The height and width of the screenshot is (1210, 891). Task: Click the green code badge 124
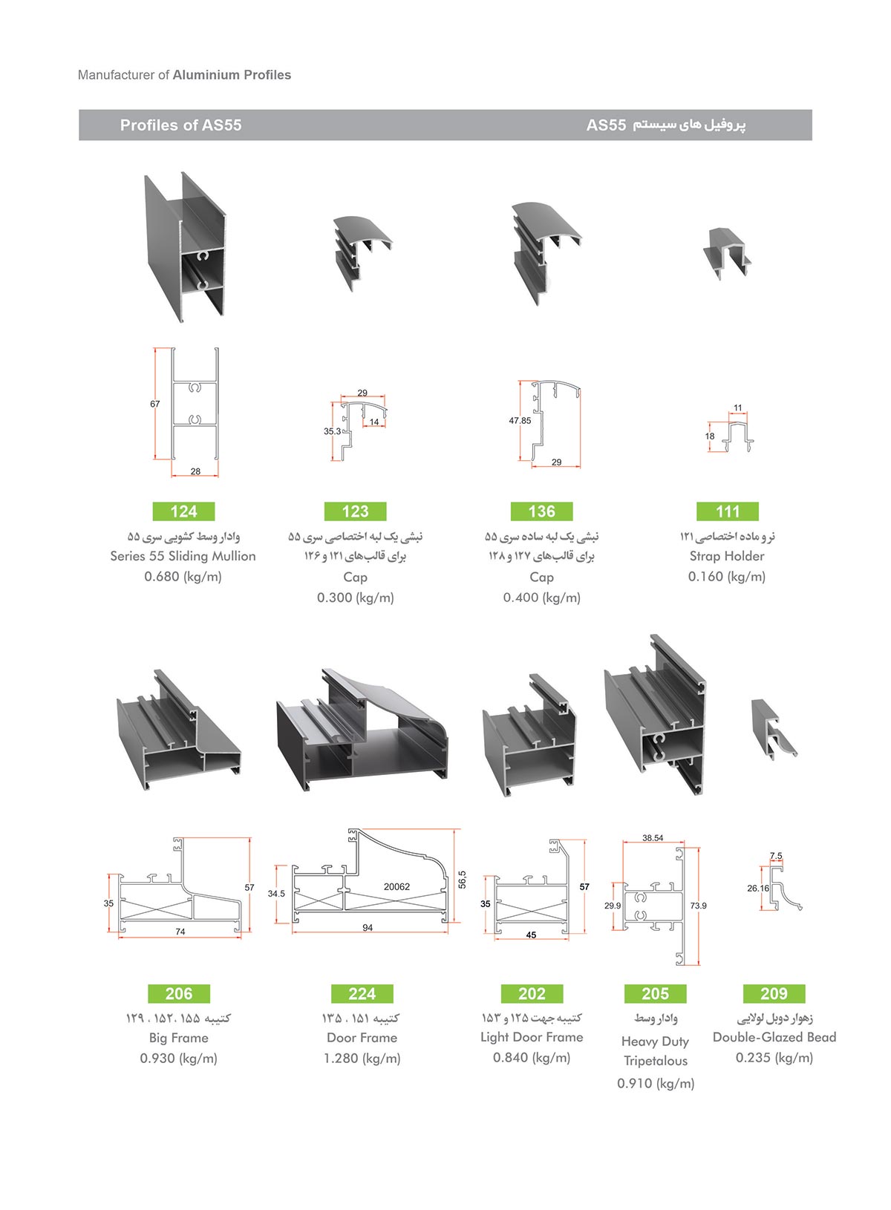[183, 511]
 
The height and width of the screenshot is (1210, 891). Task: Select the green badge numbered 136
[541, 511]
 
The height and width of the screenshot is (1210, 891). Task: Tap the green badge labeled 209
[774, 993]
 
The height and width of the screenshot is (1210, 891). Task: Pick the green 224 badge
[362, 993]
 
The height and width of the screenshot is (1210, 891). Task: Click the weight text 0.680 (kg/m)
[183, 577]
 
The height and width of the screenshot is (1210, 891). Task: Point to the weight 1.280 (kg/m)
[362, 1059]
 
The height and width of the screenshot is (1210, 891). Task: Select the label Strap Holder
[727, 556]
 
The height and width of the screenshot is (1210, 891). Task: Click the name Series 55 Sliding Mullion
[183, 556]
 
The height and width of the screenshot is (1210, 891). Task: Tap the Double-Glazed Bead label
[774, 1037]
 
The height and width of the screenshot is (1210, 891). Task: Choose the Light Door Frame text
[532, 1037]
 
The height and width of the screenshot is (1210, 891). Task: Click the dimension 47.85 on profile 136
[520, 420]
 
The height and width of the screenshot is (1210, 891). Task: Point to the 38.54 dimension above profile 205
[653, 838]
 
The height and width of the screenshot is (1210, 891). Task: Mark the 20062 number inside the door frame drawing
[396, 886]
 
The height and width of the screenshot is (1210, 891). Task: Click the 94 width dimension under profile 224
[368, 928]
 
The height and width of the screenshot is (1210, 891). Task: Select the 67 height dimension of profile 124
[155, 404]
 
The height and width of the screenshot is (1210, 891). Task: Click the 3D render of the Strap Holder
[726, 252]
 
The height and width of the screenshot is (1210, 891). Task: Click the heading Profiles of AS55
[180, 125]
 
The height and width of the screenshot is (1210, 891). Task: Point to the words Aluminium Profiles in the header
[232, 75]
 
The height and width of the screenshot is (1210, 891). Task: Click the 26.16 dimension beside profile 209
[758, 888]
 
